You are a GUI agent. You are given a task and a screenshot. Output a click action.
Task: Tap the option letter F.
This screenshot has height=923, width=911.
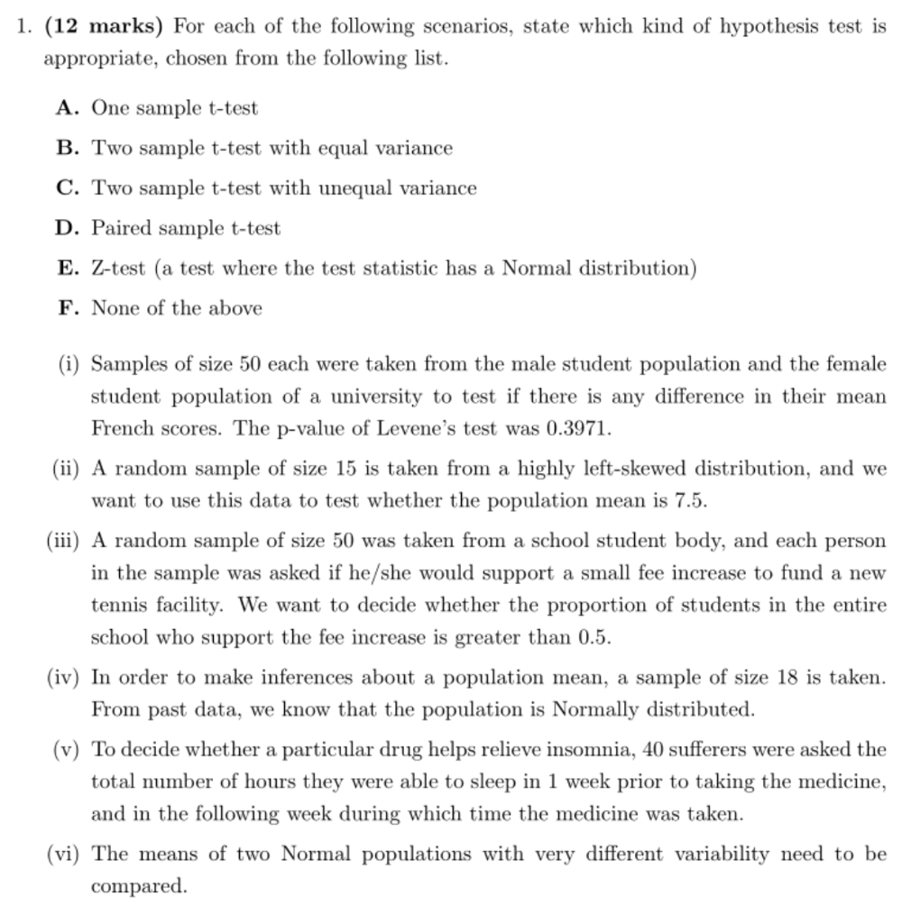pyautogui.click(x=64, y=308)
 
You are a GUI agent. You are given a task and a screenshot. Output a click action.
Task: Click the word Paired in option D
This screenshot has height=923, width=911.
pyautogui.click(x=122, y=229)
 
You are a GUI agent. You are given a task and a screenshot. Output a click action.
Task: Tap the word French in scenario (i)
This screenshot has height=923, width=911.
pyautogui.click(x=122, y=429)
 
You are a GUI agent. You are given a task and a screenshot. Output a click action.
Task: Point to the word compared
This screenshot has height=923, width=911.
pyautogui.click(x=138, y=887)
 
